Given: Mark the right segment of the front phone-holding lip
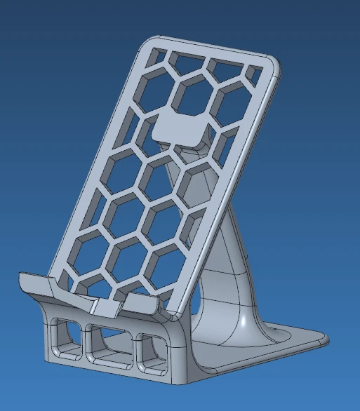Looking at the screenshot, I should point(144,303).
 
